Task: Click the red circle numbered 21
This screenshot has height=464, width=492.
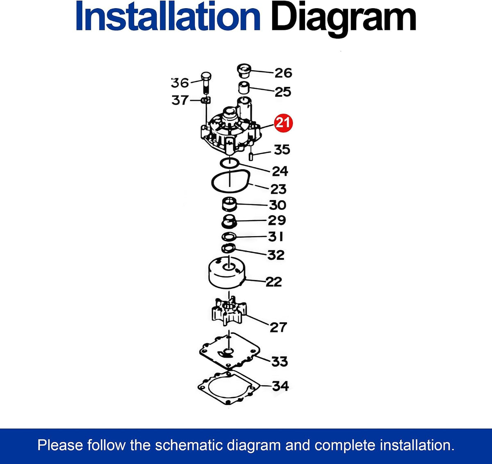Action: click(283, 123)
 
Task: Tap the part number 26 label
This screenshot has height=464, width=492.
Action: click(283, 73)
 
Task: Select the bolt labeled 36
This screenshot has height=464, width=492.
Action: click(206, 83)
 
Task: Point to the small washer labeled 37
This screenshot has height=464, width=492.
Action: click(206, 100)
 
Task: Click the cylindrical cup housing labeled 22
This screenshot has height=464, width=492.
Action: click(227, 272)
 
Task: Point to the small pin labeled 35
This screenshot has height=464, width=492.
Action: click(251, 157)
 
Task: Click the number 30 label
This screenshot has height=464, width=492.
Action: click(278, 205)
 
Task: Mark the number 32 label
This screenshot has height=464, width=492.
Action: click(276, 255)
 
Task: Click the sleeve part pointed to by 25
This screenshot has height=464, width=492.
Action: click(244, 88)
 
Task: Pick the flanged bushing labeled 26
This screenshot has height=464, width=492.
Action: click(244, 70)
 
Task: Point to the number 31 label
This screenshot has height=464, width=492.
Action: click(276, 237)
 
